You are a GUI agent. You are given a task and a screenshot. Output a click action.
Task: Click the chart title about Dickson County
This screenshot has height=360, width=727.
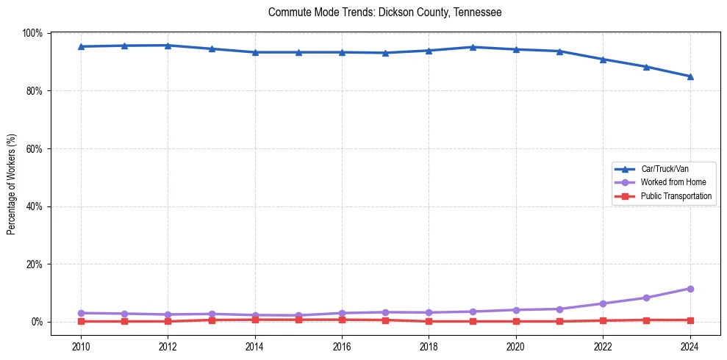click(x=384, y=12)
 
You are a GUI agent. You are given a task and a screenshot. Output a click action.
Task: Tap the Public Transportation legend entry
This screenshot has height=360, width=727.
click(x=676, y=196)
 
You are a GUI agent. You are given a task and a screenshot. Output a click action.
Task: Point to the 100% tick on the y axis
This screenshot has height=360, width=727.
click(x=32, y=33)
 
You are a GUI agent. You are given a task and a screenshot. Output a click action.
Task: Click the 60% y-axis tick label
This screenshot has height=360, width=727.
click(x=34, y=148)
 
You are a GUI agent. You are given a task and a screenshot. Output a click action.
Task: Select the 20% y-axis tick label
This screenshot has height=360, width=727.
click(x=34, y=264)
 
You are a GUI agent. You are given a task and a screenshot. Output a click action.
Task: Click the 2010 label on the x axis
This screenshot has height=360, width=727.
click(x=81, y=346)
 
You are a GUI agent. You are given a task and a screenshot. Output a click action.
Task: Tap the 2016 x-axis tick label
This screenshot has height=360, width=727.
click(x=342, y=346)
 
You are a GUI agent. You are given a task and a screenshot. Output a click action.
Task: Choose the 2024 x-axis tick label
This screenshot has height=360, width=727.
click(x=690, y=346)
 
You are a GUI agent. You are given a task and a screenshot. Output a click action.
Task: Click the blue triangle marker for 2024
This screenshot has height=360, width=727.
click(x=690, y=76)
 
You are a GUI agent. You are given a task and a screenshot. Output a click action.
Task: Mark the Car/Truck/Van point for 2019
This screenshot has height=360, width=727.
click(x=473, y=47)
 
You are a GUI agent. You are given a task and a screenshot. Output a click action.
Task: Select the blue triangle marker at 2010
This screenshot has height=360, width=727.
click(x=81, y=46)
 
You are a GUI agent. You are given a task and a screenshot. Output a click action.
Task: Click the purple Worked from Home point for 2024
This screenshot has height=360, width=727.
click(x=690, y=289)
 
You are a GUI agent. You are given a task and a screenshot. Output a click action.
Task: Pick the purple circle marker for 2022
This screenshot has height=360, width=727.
click(x=603, y=303)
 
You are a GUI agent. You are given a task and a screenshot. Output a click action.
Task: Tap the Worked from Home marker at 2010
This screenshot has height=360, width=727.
click(x=81, y=313)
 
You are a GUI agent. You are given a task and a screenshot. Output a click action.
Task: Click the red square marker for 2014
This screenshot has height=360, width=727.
click(x=255, y=320)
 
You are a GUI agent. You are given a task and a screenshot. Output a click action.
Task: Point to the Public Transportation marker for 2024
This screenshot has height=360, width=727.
click(x=690, y=320)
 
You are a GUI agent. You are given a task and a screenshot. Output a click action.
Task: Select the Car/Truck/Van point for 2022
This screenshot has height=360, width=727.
click(x=603, y=60)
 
